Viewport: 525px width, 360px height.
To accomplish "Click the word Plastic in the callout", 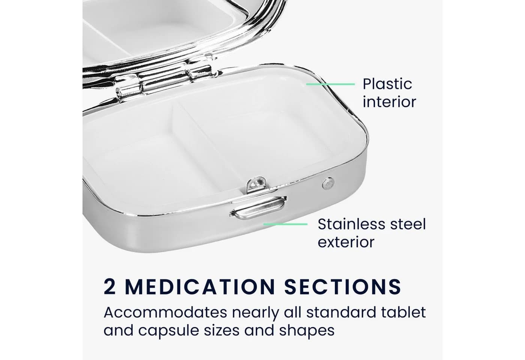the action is pyautogui.click(x=387, y=84).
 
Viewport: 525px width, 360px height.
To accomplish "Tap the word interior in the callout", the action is pyautogui.click(x=389, y=102).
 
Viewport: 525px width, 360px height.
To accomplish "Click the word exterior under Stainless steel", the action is pyautogui.click(x=346, y=242).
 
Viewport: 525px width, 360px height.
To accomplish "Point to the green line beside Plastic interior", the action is pyautogui.click(x=330, y=84).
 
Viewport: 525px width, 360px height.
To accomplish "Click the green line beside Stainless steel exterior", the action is pyautogui.click(x=285, y=224).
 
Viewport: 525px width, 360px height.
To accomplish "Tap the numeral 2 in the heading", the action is pyautogui.click(x=109, y=286).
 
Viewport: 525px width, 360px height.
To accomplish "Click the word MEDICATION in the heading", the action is pyautogui.click(x=200, y=286).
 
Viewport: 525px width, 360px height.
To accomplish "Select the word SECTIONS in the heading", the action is pyautogui.click(x=343, y=286).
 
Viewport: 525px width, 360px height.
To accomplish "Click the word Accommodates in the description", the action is pyautogui.click(x=165, y=312).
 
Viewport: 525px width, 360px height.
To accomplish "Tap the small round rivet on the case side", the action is pyautogui.click(x=328, y=183).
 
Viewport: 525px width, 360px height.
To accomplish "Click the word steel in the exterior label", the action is pyautogui.click(x=408, y=224).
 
